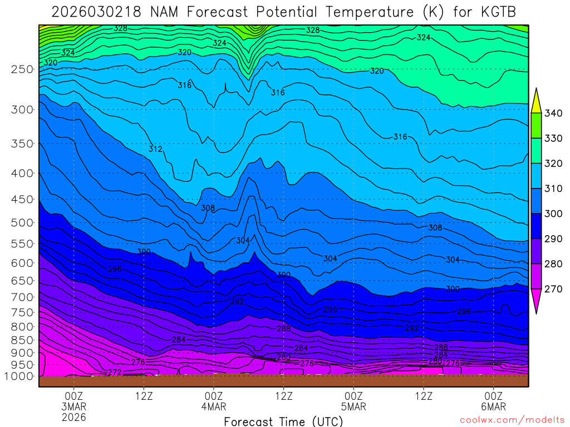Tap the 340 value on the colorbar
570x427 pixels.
click(x=553, y=113)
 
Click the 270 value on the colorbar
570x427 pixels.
click(x=553, y=289)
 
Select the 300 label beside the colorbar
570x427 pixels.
click(x=553, y=214)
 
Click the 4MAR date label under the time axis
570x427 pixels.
click(x=214, y=406)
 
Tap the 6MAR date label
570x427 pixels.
click(x=494, y=406)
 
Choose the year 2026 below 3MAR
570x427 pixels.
click(x=74, y=417)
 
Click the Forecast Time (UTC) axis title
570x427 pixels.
click(x=283, y=421)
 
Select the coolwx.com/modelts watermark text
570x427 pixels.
click(x=512, y=420)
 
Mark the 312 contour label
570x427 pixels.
click(x=155, y=149)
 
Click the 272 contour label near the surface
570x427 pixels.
click(x=115, y=372)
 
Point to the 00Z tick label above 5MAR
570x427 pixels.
click(x=353, y=396)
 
